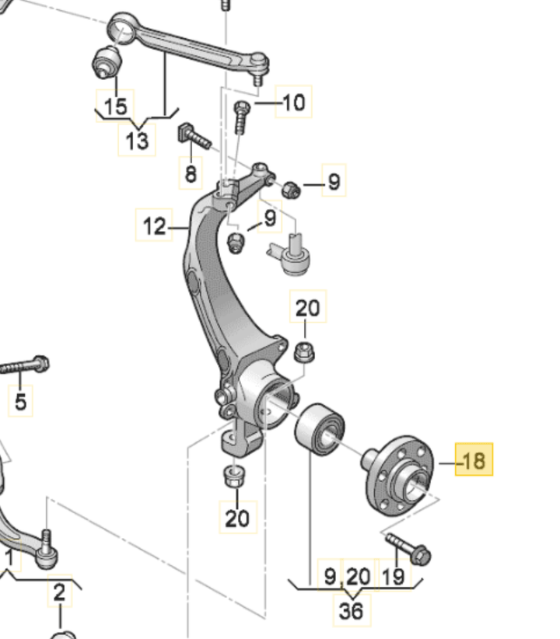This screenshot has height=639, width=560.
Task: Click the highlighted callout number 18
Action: pyautogui.click(x=474, y=459)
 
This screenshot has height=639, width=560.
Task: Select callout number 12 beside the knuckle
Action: pyautogui.click(x=154, y=225)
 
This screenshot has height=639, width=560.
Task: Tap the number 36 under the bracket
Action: pyautogui.click(x=351, y=610)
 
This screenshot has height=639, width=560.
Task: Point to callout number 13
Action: pyautogui.click(x=137, y=141)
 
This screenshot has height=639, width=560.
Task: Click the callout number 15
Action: pyautogui.click(x=115, y=106)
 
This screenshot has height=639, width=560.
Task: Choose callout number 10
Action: pyautogui.click(x=294, y=102)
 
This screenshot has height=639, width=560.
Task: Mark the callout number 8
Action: pyautogui.click(x=191, y=173)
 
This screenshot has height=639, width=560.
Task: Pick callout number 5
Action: pyautogui.click(x=20, y=401)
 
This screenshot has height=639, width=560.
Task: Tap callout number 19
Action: pyautogui.click(x=394, y=576)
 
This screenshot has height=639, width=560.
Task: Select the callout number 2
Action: pyautogui.click(x=60, y=592)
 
